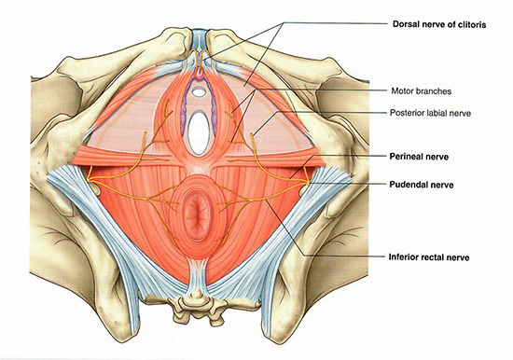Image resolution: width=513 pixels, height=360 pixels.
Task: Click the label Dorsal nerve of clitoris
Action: click(x=439, y=24)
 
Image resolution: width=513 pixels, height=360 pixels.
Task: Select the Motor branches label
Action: click(x=422, y=91)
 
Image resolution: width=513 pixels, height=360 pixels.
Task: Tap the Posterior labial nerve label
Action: click(x=430, y=113)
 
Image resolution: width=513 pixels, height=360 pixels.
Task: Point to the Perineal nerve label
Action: click(x=419, y=157)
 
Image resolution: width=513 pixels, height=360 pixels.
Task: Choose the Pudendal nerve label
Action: click(x=422, y=185)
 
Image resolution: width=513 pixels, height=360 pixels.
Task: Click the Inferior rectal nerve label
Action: click(x=429, y=257)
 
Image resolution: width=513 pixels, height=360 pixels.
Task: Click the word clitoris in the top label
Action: click(x=470, y=24)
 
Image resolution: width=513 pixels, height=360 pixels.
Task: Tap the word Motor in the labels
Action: click(x=401, y=91)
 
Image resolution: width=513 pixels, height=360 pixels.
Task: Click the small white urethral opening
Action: click(x=199, y=92)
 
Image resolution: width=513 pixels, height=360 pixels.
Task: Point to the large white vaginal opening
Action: click(x=199, y=132)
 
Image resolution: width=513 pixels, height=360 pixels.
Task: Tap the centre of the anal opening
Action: click(x=197, y=213)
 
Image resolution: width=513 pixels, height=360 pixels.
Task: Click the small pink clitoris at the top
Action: click(x=200, y=75)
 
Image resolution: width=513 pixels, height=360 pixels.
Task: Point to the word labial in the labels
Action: click(x=437, y=113)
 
